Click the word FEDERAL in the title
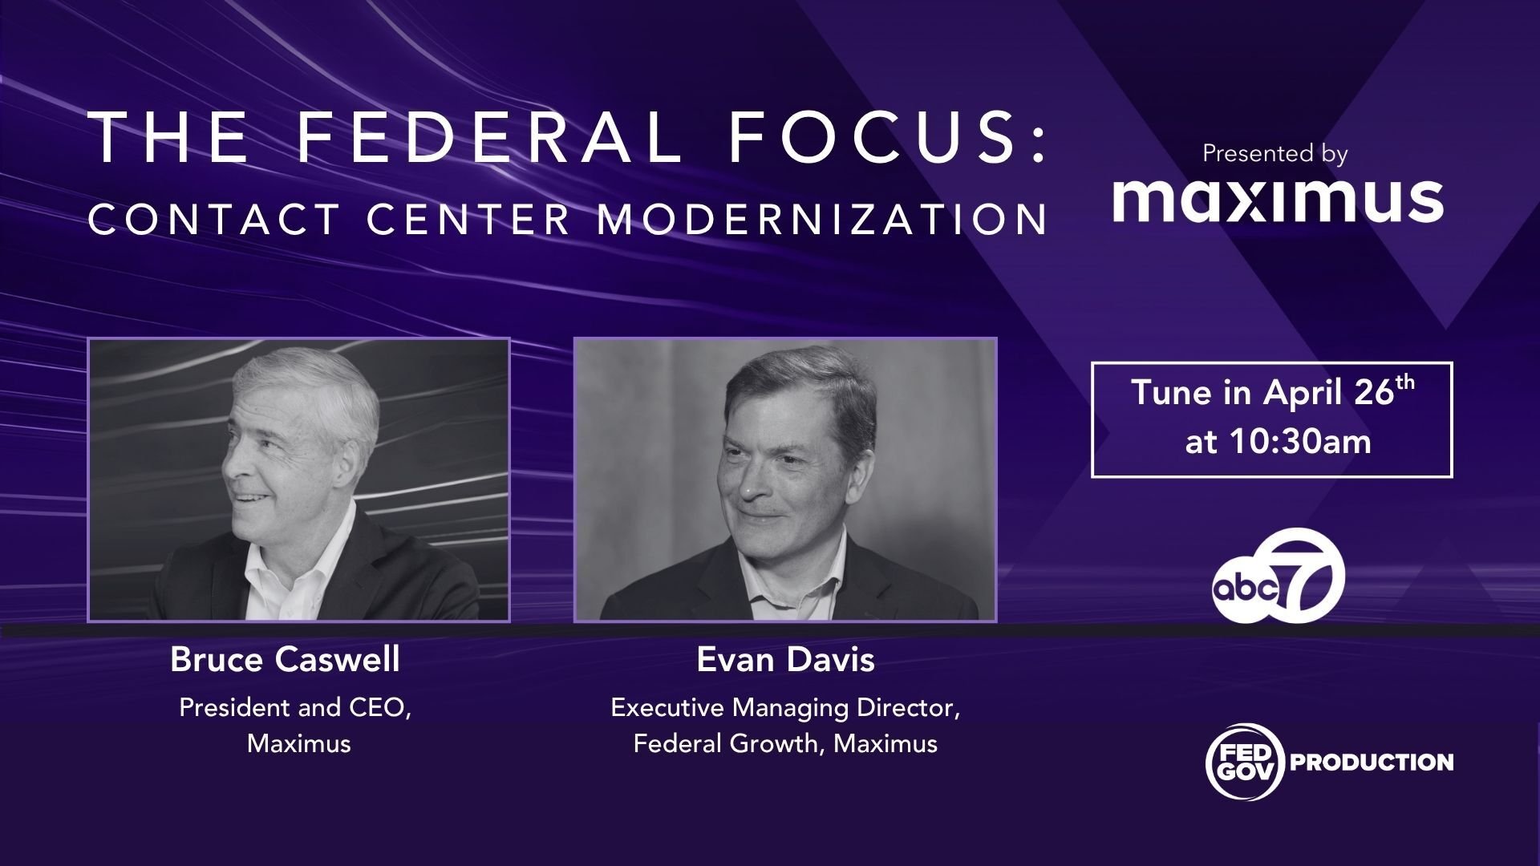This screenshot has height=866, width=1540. tap(489, 137)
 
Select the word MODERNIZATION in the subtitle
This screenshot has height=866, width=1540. tap(822, 220)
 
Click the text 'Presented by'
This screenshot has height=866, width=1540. tap(1275, 153)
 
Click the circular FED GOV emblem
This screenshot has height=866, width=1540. tap(1245, 762)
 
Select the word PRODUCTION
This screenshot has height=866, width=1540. tap(1372, 762)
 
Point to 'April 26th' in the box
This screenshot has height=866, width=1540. tap(1339, 392)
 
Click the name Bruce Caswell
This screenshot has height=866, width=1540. tap(285, 660)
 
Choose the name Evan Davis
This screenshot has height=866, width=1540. tap(785, 660)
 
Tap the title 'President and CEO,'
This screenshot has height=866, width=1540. tap(295, 708)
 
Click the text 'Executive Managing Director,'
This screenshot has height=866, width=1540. tap(785, 708)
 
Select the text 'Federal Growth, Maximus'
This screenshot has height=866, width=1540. tap(785, 744)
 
